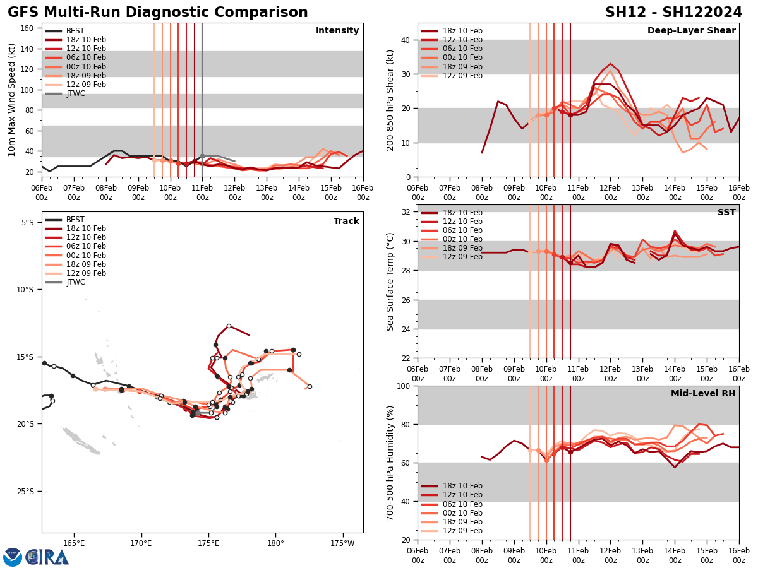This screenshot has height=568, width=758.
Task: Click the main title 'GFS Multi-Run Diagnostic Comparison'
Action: [158, 13]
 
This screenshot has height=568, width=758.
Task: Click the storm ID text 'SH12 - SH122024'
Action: [673, 13]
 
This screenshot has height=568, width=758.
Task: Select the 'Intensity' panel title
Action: [337, 31]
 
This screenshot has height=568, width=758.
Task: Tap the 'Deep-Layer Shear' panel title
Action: [691, 31]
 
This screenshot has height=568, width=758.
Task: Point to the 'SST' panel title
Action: [726, 213]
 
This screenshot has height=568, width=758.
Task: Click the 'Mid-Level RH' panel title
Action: [703, 394]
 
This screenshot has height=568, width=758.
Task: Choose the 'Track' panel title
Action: [346, 222]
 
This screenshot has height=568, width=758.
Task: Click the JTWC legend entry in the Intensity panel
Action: [75, 93]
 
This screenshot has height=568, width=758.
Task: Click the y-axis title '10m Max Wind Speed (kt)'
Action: [13, 100]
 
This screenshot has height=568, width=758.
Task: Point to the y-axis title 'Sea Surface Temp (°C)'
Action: [390, 281]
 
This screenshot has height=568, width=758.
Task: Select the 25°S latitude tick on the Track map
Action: [27, 491]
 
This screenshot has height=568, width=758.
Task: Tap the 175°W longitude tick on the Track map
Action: [342, 543]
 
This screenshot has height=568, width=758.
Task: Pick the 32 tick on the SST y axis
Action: [404, 211]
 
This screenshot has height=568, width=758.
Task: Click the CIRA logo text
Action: [47, 557]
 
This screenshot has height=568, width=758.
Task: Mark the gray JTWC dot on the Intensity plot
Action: [202, 156]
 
